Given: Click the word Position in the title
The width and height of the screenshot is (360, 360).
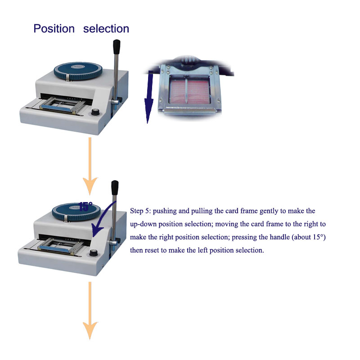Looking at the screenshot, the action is coord(54,29).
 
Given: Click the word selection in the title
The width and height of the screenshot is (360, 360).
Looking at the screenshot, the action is coord(106,29).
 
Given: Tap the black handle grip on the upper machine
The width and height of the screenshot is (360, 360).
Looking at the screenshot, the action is coord(117,47).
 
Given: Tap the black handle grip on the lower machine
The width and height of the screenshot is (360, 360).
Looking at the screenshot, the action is coord(115,188).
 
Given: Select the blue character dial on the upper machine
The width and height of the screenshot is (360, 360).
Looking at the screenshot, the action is coord(78,71).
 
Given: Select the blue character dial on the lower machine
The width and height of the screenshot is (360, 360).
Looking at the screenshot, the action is coord(76,211).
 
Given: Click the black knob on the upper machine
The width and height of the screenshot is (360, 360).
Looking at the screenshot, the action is coord(95,112).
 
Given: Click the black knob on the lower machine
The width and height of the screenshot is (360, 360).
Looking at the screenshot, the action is coord(93,253).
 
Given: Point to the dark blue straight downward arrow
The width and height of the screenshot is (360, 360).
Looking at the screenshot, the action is coord(149,97).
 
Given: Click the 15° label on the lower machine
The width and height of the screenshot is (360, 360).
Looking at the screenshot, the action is coord(85,207).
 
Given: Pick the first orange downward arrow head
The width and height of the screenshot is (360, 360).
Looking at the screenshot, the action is coord(90,185).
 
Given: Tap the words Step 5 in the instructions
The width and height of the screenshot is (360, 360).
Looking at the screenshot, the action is coord(140,211).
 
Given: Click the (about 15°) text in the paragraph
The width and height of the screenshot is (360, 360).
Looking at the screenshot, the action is coord(309,237).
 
